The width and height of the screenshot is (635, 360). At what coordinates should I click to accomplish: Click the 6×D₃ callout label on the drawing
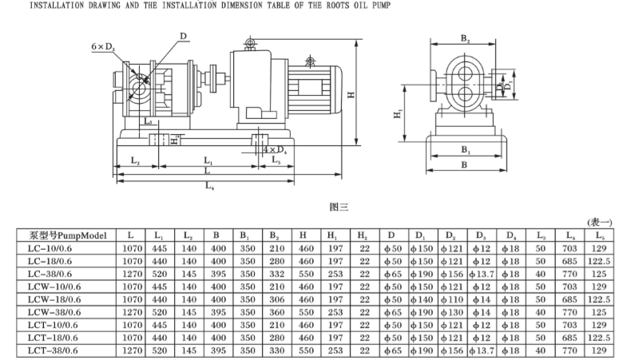102,48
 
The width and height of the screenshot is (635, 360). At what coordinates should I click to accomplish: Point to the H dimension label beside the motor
351,94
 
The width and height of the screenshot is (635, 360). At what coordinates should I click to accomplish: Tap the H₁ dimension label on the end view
398,117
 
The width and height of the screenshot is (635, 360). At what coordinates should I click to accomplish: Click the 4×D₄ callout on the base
276,149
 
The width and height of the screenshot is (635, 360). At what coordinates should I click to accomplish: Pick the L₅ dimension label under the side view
276,160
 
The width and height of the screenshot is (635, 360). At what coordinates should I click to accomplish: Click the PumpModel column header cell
67,235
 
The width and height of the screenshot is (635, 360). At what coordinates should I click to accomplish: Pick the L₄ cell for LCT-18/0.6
570,337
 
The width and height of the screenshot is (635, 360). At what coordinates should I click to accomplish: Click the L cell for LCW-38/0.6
130,311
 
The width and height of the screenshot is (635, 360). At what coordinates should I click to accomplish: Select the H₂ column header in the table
364,235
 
